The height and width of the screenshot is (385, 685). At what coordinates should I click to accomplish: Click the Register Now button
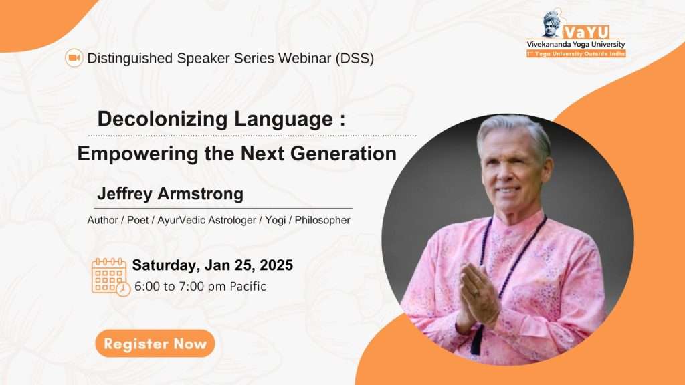155,343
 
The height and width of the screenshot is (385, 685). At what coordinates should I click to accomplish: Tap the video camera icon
74,57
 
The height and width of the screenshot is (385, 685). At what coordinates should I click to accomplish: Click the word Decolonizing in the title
163,119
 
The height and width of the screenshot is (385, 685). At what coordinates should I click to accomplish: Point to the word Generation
343,154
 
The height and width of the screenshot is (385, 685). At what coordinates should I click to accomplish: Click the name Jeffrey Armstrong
171,193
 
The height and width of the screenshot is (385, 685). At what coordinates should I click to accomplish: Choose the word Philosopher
322,220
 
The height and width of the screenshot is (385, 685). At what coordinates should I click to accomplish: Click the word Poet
138,220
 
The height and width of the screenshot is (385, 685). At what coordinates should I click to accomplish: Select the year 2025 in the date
276,265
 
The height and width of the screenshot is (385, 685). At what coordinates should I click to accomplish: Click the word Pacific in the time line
248,286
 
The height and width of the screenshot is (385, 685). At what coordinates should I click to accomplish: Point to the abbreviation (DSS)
355,58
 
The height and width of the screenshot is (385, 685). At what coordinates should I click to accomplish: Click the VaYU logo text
586,32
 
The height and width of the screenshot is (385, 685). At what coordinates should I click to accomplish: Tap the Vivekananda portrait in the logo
551,23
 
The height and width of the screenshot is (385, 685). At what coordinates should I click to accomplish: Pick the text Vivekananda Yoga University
576,45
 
